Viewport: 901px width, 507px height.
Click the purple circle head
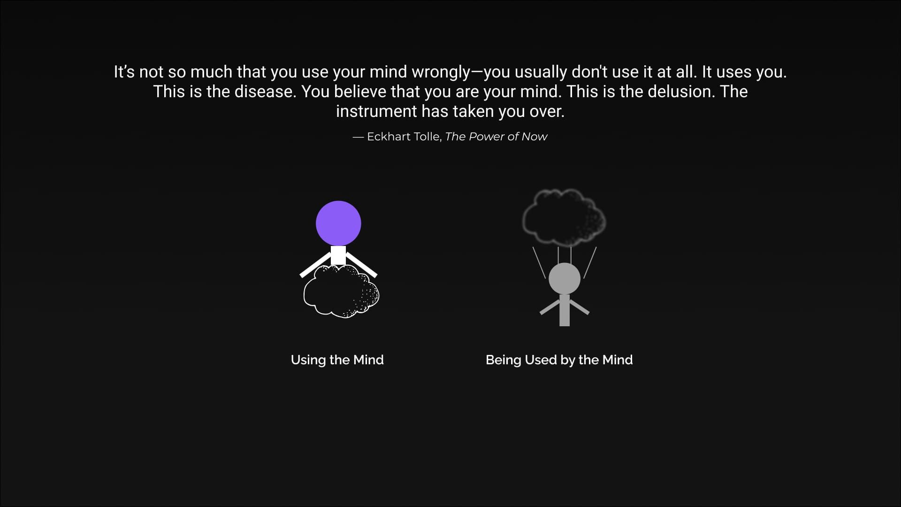[x=338, y=223]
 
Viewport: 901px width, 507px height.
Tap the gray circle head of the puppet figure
[x=565, y=278]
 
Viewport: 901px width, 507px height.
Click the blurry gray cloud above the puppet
[x=564, y=217]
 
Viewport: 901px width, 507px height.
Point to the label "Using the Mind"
[x=337, y=360]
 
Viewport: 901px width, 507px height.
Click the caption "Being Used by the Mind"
[x=559, y=360]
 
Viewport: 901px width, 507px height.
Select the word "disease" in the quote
[x=265, y=92]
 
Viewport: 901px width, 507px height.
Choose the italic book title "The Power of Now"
[x=496, y=137]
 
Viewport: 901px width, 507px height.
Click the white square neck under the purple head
[x=338, y=255]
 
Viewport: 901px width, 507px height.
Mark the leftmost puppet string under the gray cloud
[x=539, y=263]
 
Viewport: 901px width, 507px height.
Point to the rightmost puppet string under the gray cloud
[x=590, y=263]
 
